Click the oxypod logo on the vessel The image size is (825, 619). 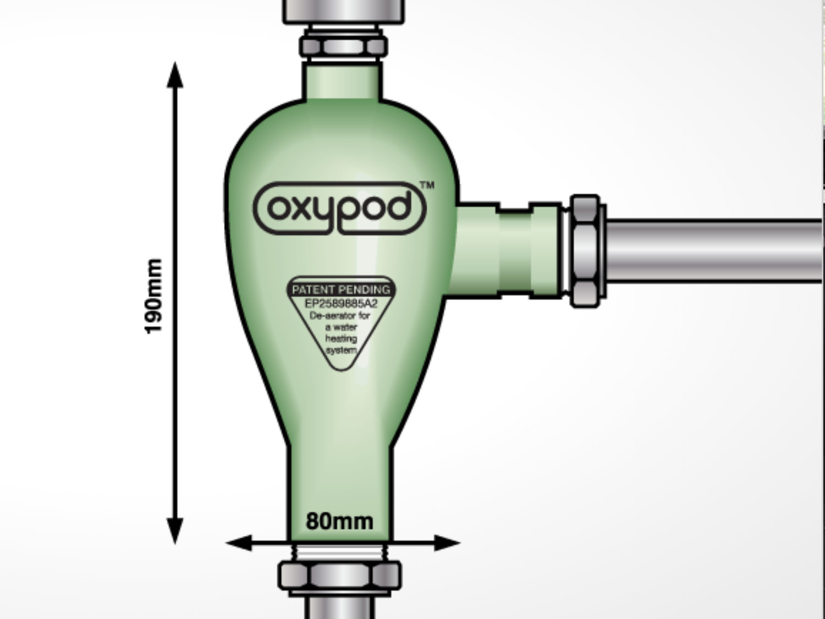[x=340, y=209]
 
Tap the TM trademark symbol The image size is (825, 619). [x=427, y=185]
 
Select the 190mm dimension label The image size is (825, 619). [x=153, y=295]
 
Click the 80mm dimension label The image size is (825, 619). [x=339, y=521]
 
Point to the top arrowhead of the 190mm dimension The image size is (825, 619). [x=175, y=75]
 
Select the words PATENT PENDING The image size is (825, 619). [x=341, y=289]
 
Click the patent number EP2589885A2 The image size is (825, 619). [x=341, y=303]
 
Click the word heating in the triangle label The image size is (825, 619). [x=341, y=338]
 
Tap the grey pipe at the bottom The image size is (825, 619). [x=339, y=608]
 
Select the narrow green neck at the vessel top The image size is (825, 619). [x=342, y=81]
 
